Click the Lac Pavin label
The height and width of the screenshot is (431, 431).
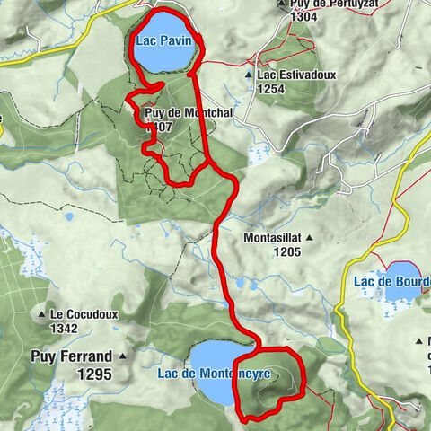click(x=159, y=40)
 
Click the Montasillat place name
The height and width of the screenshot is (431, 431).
click(x=273, y=238)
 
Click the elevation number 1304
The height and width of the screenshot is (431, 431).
click(x=303, y=16)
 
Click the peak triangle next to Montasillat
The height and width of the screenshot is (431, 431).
click(x=309, y=238)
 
